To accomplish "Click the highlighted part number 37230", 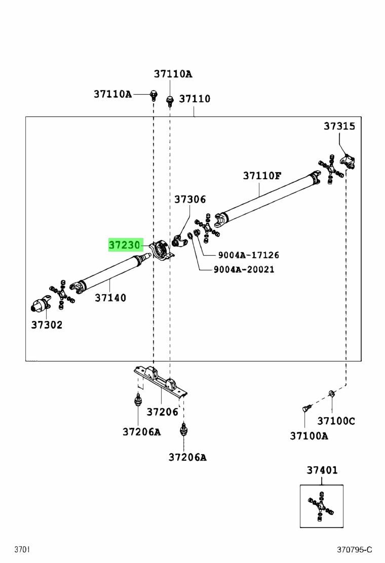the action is (124, 245).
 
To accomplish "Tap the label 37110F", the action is (262, 176).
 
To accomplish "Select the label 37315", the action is (339, 126).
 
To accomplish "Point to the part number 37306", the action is (190, 199).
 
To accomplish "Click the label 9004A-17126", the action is (249, 255).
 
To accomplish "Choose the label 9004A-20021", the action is (244, 269).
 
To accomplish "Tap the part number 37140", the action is (110, 298).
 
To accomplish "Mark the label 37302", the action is (47, 325).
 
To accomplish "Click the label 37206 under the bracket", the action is (162, 412).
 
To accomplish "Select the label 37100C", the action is (336, 420).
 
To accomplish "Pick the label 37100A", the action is (309, 436).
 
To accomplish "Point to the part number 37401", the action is (322, 470).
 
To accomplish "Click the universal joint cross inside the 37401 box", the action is (321, 506).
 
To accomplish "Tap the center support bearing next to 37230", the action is (161, 250).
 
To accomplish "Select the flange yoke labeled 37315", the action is (348, 161).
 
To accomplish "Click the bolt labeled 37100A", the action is (306, 408).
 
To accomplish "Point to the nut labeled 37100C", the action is (331, 394).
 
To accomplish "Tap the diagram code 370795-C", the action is (355, 549).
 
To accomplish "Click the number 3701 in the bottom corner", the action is (22, 549).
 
